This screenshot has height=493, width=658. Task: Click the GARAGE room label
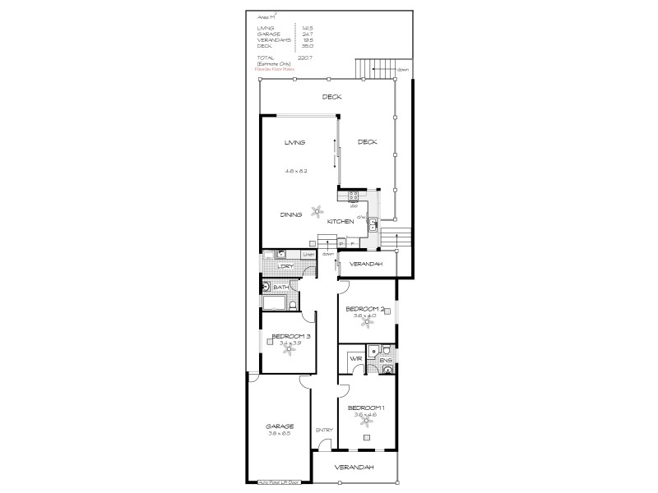pyautogui.click(x=280, y=426)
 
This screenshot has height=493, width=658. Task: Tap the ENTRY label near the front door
pyautogui.click(x=323, y=430)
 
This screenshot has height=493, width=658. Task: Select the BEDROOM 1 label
pyautogui.click(x=366, y=408)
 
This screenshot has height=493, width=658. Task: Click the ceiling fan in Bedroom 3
pyautogui.click(x=288, y=348)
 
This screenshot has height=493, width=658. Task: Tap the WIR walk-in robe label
pyautogui.click(x=356, y=358)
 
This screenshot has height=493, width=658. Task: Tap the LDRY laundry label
pyautogui.click(x=285, y=266)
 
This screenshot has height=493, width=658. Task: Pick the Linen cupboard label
pyautogui.click(x=308, y=255)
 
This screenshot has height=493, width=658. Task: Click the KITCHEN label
pyautogui.click(x=341, y=221)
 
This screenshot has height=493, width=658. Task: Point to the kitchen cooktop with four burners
pyautogui.click(x=354, y=196)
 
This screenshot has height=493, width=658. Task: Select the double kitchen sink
pyautogui.click(x=373, y=222)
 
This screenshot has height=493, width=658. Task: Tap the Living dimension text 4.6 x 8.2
pyautogui.click(x=295, y=170)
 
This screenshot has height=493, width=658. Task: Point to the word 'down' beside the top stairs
pyautogui.click(x=402, y=70)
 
